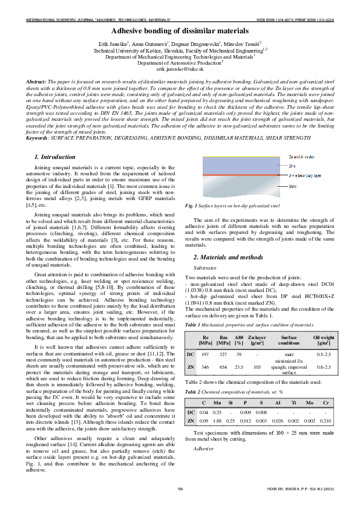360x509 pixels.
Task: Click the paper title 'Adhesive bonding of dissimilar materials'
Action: [180, 30]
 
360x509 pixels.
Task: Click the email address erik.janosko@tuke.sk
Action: [180, 70]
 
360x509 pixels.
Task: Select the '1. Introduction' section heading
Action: [55, 157]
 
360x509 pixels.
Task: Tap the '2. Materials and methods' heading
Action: [220, 258]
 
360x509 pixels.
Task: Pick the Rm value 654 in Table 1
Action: [223, 366]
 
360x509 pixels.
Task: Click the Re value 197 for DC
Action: [205, 354]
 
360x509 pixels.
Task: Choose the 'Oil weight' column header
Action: [324, 340]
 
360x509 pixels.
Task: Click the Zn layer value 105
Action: [257, 366]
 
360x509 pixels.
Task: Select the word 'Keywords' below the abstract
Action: [39, 138]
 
